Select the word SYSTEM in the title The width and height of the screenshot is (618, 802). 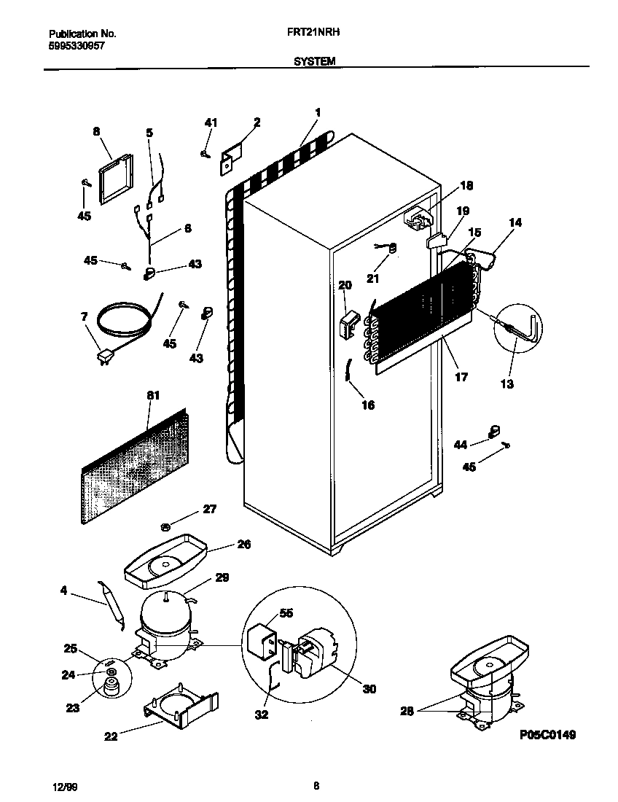click(315, 62)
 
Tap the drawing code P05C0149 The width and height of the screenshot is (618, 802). click(547, 735)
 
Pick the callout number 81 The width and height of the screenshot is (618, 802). click(153, 395)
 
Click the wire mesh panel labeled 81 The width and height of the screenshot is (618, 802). click(131, 467)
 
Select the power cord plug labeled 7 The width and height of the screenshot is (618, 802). click(105, 357)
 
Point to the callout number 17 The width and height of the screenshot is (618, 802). click(461, 377)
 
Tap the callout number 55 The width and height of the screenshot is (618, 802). click(286, 613)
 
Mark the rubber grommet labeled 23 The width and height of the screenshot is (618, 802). click(112, 685)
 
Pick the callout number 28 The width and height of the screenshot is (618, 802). click(405, 710)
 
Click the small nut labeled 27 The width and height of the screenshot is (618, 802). click(165, 526)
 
